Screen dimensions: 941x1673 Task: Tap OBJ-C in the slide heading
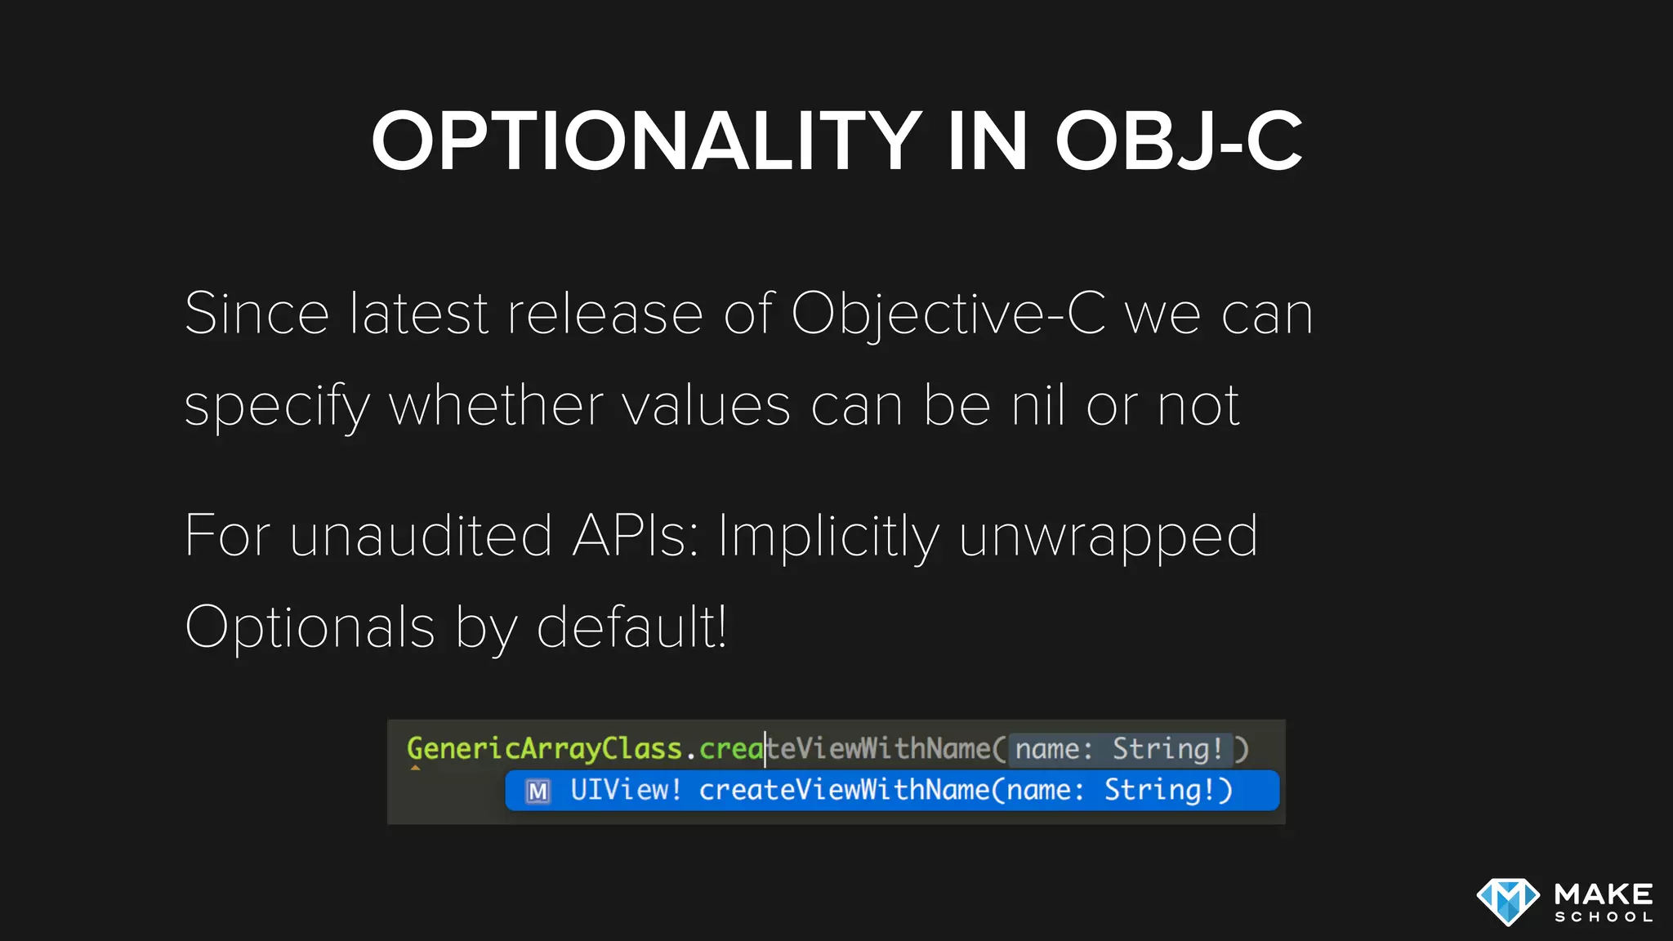point(1178,142)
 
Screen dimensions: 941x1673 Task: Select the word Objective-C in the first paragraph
point(948,314)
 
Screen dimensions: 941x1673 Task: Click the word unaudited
point(421,537)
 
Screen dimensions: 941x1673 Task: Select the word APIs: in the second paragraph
point(636,537)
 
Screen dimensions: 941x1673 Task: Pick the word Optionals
point(310,628)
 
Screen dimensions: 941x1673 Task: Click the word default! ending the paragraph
point(631,627)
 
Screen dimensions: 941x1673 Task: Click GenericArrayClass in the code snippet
point(544,748)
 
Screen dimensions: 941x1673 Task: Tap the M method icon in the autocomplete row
point(538,792)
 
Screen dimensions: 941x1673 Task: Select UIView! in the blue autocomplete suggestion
point(625,790)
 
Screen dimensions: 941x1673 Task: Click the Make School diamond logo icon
point(1508,901)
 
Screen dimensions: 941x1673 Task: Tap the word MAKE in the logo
point(1604,894)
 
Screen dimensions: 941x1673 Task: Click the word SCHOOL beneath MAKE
point(1604,917)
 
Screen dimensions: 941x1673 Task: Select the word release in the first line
point(605,314)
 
